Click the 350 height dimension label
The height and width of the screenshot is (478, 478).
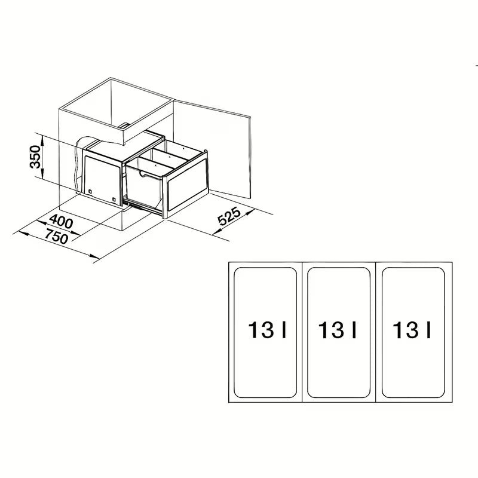(35, 157)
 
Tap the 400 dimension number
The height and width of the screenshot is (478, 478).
(62, 221)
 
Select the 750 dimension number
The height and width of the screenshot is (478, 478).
(57, 236)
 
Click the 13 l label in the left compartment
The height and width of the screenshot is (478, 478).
(267, 330)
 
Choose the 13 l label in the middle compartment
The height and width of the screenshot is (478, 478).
(338, 330)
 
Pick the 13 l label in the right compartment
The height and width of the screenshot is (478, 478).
(412, 330)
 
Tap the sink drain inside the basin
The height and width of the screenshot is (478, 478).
(124, 125)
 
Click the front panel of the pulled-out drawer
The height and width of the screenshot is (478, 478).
(188, 185)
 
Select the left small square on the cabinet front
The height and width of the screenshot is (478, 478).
(90, 191)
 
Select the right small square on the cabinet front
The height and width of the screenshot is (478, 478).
(114, 200)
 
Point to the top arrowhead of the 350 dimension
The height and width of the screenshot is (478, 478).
(42, 139)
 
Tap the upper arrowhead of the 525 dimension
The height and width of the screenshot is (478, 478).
(250, 212)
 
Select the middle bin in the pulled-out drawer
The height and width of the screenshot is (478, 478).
(166, 158)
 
